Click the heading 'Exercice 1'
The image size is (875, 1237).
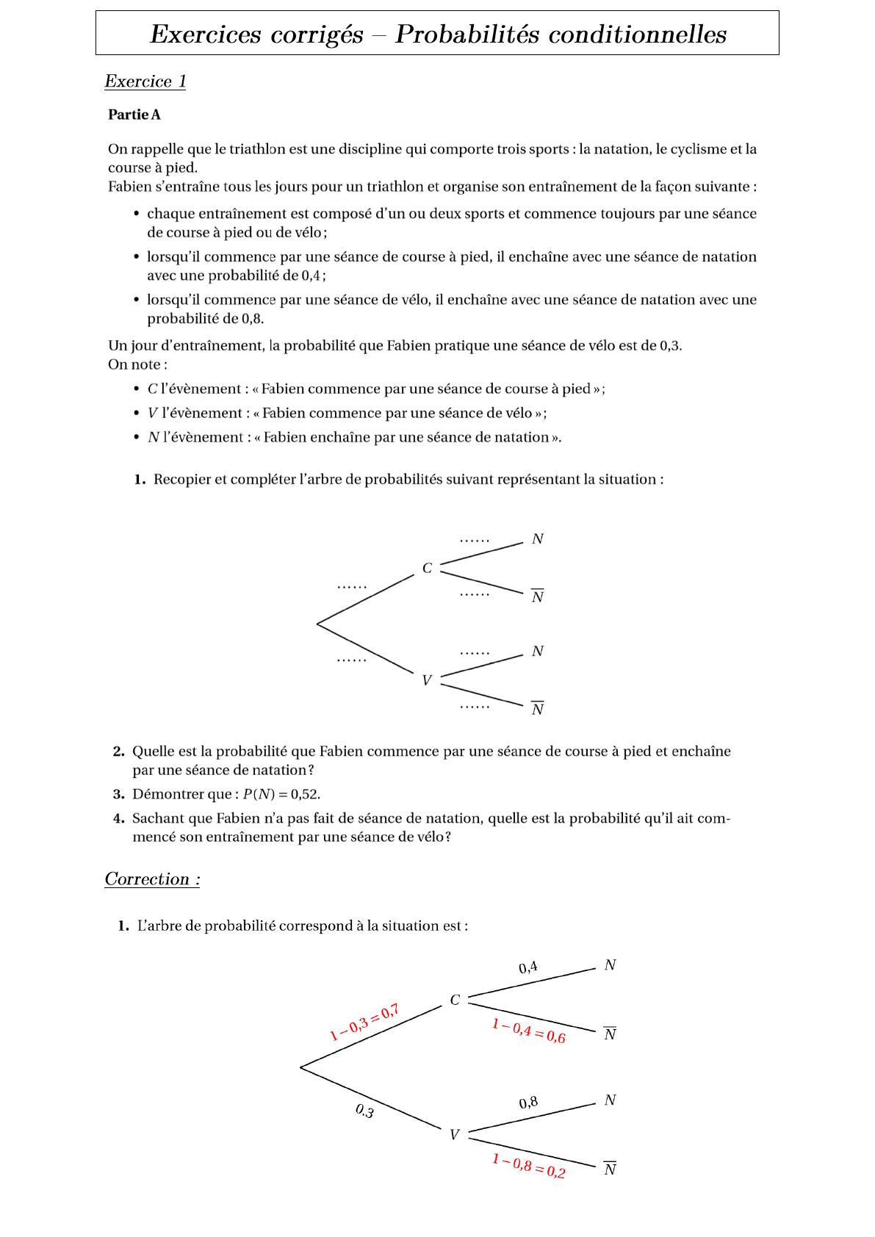pyautogui.click(x=145, y=82)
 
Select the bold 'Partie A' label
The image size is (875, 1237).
pyautogui.click(x=134, y=115)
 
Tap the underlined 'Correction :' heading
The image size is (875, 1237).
pyautogui.click(x=152, y=879)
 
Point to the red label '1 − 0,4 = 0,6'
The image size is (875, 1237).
pyautogui.click(x=529, y=1031)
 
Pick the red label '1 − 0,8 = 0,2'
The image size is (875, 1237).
pyautogui.click(x=529, y=1166)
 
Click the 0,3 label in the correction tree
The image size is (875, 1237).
pyautogui.click(x=365, y=1111)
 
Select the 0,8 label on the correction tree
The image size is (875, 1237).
pyautogui.click(x=528, y=1102)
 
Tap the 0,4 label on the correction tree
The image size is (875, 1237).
pyautogui.click(x=528, y=967)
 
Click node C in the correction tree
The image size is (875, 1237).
pyautogui.click(x=455, y=1000)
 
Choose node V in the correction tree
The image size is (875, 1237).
pyautogui.click(x=454, y=1135)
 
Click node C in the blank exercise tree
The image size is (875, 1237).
pyautogui.click(x=427, y=568)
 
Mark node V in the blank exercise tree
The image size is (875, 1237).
pyautogui.click(x=426, y=680)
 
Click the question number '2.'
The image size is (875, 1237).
pyautogui.click(x=119, y=751)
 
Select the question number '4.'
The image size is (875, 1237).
pyautogui.click(x=119, y=818)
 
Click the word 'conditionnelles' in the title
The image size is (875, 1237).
pyautogui.click(x=636, y=34)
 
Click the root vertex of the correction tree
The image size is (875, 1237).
pyautogui.click(x=300, y=1067)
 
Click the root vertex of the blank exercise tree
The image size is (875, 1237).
pyautogui.click(x=317, y=624)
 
